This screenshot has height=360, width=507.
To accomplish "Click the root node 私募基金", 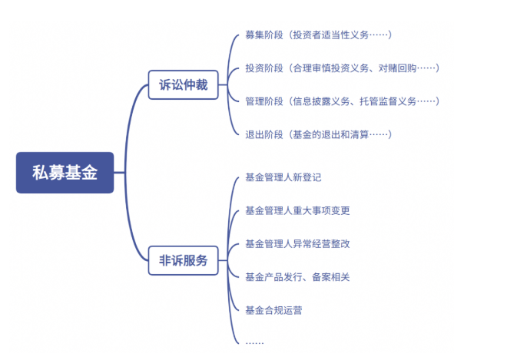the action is [x=65, y=173].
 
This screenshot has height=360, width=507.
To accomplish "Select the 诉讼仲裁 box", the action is [x=183, y=84].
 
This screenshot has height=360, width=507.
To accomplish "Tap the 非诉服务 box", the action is [x=183, y=260].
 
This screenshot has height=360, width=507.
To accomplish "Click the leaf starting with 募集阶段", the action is [x=319, y=35].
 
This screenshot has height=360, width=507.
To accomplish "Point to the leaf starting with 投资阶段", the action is [x=343, y=68].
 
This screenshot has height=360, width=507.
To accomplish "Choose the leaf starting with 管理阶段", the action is [x=343, y=101].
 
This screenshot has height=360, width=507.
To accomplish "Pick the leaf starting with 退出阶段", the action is [x=319, y=134].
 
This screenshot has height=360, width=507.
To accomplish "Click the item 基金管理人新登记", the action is [x=283, y=177].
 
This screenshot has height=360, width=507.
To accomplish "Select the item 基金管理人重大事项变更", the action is [x=297, y=210].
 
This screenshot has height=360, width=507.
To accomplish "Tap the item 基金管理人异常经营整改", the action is [x=297, y=244].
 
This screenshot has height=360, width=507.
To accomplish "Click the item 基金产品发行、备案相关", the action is [x=297, y=277].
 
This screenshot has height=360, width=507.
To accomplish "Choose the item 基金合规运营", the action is [x=273, y=311].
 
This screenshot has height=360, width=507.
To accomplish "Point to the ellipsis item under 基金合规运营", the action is [x=255, y=342].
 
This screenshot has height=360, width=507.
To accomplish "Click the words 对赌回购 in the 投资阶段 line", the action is [x=397, y=68].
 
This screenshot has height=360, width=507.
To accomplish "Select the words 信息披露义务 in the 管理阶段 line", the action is [x=321, y=101].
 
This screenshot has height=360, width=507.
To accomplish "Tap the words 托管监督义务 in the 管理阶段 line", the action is [x=388, y=101].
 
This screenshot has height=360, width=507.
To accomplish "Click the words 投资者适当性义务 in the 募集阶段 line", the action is [x=331, y=35].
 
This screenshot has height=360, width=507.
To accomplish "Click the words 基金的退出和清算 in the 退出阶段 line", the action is [x=331, y=134].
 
